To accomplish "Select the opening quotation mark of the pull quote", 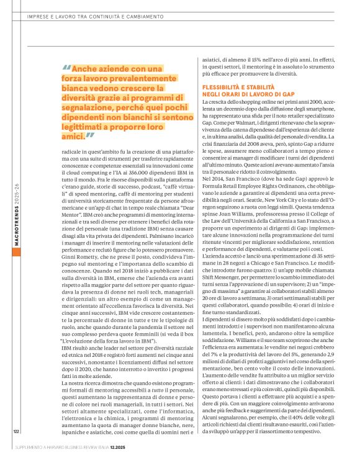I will [x=66, y=70].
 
